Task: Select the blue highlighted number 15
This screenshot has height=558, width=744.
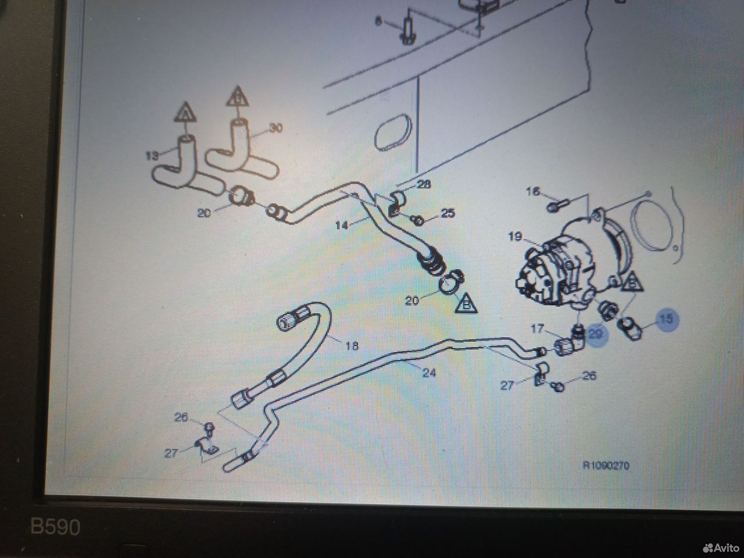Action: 667,319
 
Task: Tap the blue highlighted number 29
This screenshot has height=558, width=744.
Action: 596,334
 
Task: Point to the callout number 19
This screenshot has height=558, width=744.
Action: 514,237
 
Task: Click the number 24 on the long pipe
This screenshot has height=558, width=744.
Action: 428,372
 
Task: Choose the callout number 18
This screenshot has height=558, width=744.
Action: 352,345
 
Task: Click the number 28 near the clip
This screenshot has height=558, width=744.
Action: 424,184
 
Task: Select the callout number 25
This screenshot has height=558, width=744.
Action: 448,213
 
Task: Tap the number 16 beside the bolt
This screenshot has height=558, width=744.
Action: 533,191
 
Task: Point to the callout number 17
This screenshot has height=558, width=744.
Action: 537,330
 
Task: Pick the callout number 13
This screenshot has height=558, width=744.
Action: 152,156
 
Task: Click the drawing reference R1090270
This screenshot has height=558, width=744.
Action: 606,466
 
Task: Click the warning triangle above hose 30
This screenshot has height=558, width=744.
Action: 237,96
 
